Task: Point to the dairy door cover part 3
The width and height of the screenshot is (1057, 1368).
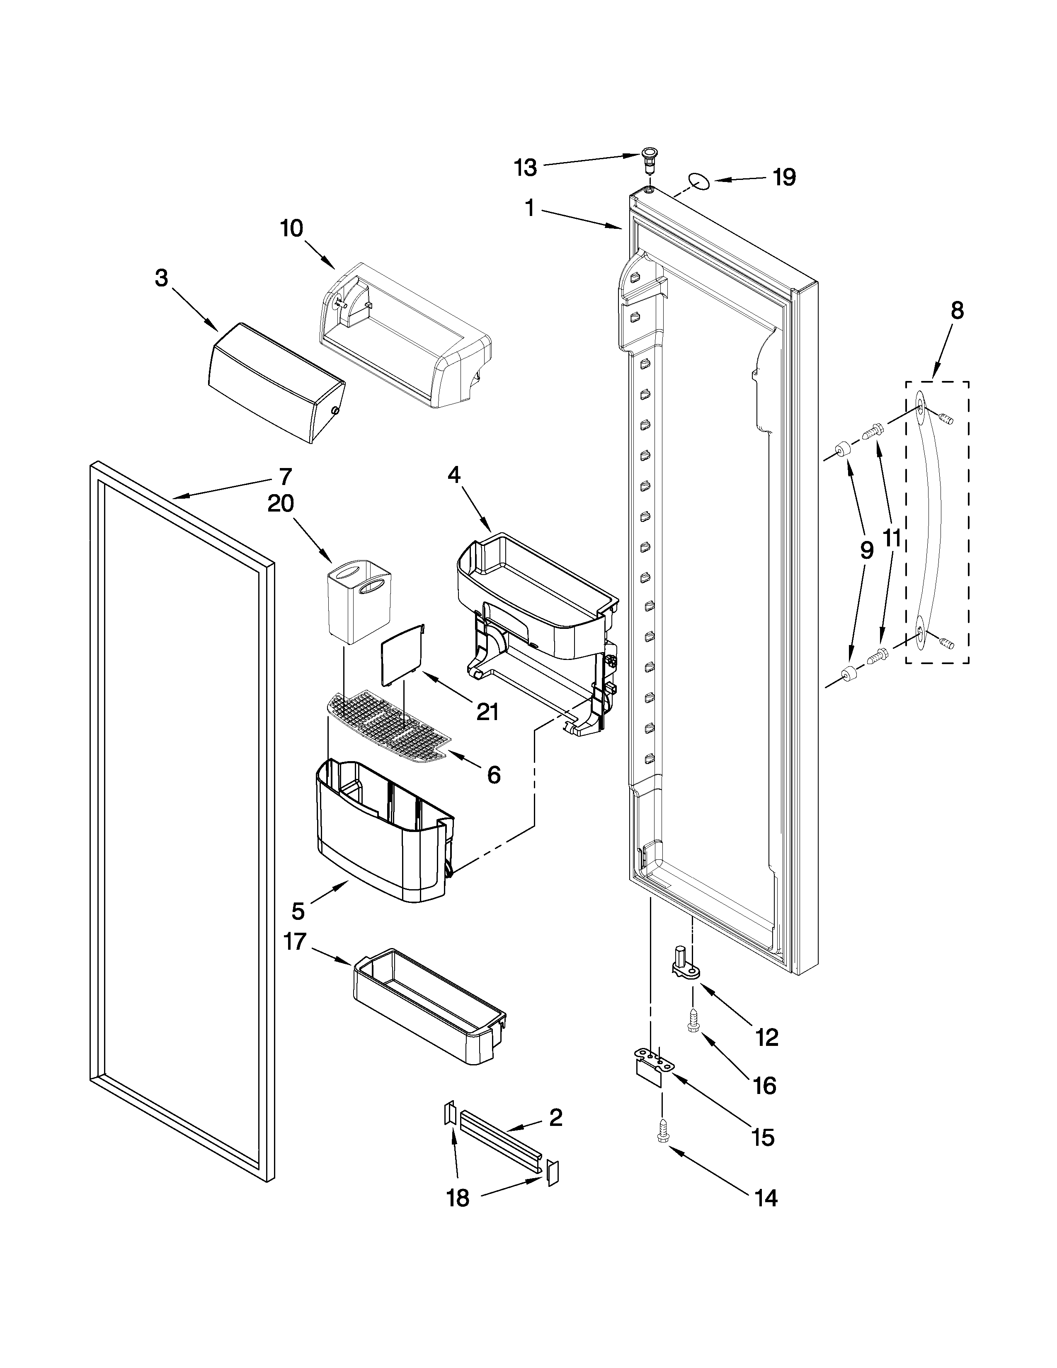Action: pyautogui.click(x=276, y=382)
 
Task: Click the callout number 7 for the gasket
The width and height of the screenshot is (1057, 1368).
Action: pyautogui.click(x=286, y=477)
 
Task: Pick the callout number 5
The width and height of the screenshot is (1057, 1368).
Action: pyautogui.click(x=298, y=911)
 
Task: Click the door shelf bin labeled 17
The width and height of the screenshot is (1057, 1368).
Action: pyautogui.click(x=429, y=1014)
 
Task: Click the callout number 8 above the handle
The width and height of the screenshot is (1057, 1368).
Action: pyautogui.click(x=958, y=310)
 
